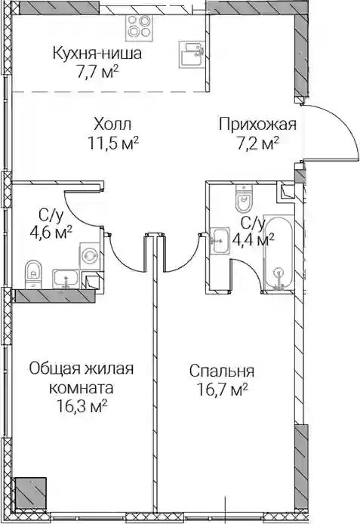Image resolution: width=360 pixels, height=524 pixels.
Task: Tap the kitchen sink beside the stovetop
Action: click(192, 54)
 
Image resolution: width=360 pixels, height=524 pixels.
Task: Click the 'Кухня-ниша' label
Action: click(97, 54)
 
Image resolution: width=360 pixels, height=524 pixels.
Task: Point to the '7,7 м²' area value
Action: click(97, 72)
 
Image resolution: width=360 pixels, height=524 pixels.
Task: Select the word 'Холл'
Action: click(112, 125)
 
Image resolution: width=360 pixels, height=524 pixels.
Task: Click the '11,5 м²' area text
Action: click(113, 143)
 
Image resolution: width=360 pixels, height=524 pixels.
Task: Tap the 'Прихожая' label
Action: click(257, 125)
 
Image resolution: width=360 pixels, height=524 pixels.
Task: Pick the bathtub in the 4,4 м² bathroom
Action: click(278, 253)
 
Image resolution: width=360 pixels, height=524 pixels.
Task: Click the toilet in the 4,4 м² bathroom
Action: click(244, 199)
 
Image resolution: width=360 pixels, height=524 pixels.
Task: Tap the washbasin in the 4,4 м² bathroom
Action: click(220, 241)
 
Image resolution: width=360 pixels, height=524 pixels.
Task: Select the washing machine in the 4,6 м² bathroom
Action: click(89, 256)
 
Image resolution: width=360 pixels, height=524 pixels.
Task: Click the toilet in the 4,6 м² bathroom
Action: click(33, 273)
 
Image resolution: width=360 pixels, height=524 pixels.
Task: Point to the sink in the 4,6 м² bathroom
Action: click(66, 279)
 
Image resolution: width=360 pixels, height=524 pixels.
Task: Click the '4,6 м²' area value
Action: click(51, 232)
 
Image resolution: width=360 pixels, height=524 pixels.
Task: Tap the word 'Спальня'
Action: click(222, 371)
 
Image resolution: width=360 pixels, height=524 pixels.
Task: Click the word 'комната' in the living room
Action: click(82, 388)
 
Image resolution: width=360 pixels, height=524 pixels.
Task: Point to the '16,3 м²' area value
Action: click(82, 407)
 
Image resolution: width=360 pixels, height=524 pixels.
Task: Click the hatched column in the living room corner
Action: click(30, 493)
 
